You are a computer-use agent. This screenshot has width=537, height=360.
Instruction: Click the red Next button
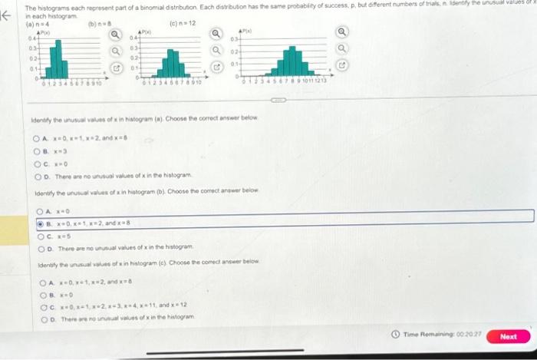tap(509, 337)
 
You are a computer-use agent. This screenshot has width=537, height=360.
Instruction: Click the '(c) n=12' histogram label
tap(181, 23)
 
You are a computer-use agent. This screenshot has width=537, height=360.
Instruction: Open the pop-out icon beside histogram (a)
tap(117, 68)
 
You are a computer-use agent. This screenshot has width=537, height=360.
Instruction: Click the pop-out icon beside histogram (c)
tap(342, 65)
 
